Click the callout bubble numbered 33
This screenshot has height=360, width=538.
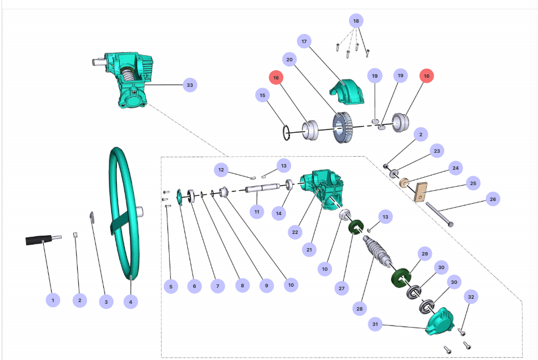pos(190,85)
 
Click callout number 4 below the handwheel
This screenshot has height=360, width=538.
pos(131,302)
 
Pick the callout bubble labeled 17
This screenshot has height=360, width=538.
pos(304,42)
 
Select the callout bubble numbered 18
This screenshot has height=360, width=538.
pos(356,21)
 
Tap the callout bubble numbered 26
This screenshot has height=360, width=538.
pos(493,199)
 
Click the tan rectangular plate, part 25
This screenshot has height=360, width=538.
pos(420,191)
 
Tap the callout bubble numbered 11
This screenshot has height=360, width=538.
pos(257,211)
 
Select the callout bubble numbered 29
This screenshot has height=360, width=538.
pos(423,253)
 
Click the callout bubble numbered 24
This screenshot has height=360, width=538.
pos(455,168)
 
